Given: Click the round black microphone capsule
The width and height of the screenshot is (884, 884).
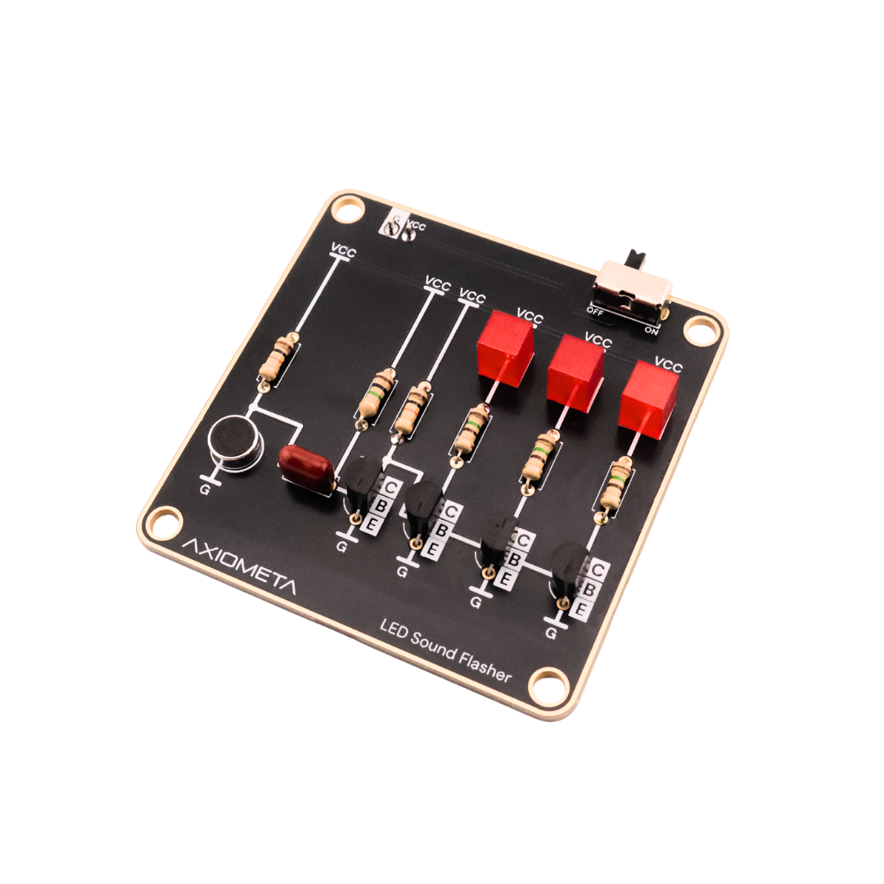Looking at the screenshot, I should (x=236, y=442).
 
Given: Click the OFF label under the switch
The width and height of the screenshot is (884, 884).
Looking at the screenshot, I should (x=595, y=312).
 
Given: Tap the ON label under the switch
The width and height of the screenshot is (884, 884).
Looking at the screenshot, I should (x=652, y=330).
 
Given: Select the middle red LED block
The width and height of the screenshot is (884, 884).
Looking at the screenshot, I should (x=575, y=372).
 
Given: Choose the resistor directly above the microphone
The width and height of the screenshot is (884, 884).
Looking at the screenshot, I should (x=276, y=359).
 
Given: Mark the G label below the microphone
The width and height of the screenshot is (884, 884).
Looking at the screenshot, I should (x=205, y=492).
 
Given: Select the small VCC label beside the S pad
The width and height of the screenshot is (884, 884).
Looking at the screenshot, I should (x=417, y=225).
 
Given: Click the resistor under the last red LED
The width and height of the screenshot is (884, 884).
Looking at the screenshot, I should (x=616, y=485).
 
